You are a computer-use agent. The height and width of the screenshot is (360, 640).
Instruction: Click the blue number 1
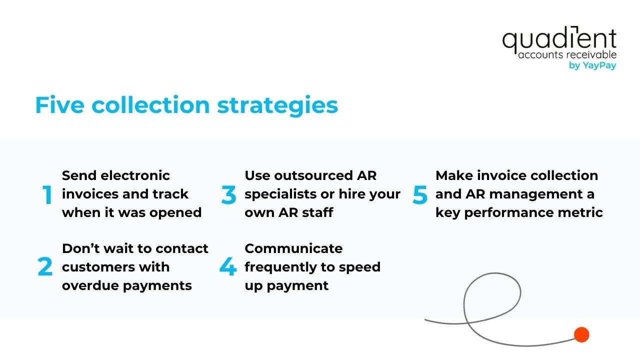[x=47, y=195]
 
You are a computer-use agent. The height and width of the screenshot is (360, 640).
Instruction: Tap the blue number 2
[x=45, y=267]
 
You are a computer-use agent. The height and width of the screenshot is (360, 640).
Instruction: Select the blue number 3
[x=228, y=195]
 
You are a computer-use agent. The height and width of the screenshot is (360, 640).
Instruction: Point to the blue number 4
[x=228, y=267]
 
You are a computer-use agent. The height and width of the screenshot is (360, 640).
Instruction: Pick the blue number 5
[x=420, y=195]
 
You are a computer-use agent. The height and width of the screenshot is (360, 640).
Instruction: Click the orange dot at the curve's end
[x=581, y=334]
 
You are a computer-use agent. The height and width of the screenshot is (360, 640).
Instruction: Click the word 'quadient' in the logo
[x=559, y=40]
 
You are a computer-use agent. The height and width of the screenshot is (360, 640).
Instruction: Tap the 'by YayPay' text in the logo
[x=592, y=65]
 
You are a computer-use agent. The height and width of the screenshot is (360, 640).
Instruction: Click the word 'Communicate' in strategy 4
[x=293, y=248]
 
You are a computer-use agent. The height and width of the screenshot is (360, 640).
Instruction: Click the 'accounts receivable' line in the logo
[x=567, y=55]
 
